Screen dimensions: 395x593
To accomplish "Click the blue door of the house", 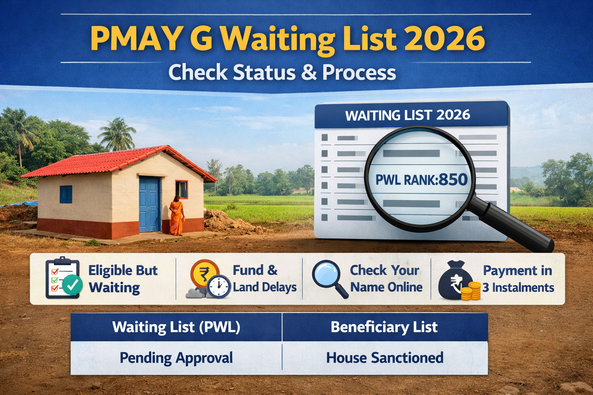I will click(x=149, y=204).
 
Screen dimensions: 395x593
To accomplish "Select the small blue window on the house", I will click(x=66, y=194).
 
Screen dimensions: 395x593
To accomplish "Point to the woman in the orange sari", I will click(x=176, y=216).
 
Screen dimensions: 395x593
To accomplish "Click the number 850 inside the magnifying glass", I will click(x=453, y=180).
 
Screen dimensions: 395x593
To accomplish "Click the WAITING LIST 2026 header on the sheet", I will click(x=408, y=115).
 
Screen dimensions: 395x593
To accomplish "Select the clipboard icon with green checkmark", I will click(x=63, y=279).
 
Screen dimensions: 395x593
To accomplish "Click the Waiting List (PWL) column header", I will click(x=176, y=327).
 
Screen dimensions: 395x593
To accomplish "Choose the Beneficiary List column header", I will click(x=384, y=327).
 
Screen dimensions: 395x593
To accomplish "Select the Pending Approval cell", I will click(x=176, y=358).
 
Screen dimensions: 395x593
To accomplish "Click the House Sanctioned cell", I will click(x=385, y=358).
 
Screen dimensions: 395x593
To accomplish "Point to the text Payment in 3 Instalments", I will click(x=518, y=279).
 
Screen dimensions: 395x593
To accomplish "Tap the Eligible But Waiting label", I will click(x=123, y=279).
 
